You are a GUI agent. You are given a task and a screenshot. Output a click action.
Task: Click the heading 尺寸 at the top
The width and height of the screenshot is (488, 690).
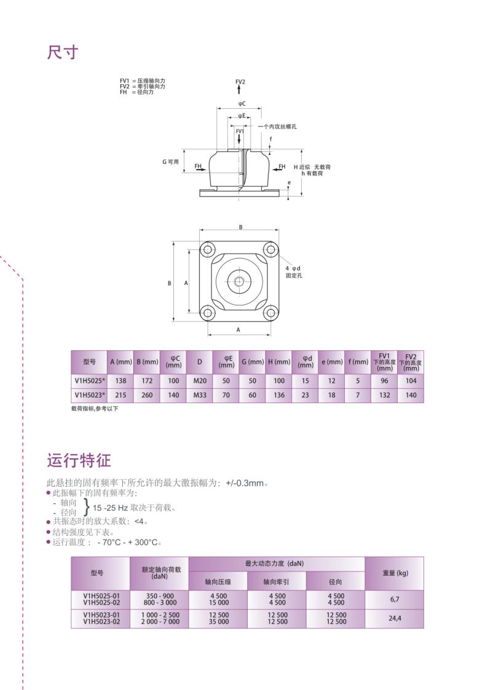coord(63,52)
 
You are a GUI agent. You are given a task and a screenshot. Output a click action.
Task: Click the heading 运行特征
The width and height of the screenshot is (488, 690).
coord(79,460)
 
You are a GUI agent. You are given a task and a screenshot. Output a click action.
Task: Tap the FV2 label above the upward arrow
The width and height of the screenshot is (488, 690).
coord(240,82)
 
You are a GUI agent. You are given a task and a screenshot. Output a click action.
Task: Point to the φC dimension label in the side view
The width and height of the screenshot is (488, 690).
coord(242,104)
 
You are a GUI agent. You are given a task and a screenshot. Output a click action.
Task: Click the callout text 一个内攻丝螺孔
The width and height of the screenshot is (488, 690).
coord(277,126)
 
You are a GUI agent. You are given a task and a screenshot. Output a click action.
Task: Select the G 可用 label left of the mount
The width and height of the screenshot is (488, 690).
coord(170,162)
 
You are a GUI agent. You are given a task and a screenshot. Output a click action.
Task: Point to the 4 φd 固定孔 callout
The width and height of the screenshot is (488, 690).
coord(293,272)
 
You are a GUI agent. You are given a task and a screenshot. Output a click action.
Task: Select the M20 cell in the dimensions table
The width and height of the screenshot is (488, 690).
coord(199,381)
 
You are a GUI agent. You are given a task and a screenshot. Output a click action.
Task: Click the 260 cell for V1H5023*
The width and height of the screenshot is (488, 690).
coord(147,395)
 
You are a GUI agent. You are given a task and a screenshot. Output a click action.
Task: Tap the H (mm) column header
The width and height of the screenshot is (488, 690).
coord(279,362)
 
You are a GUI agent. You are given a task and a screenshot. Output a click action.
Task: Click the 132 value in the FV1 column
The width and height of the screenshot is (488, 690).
coord(385,395)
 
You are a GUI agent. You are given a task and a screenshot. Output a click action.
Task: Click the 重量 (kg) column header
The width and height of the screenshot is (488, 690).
coord(395,573)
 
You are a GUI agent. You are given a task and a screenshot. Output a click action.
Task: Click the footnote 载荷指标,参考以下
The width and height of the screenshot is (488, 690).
coord(95,409)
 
